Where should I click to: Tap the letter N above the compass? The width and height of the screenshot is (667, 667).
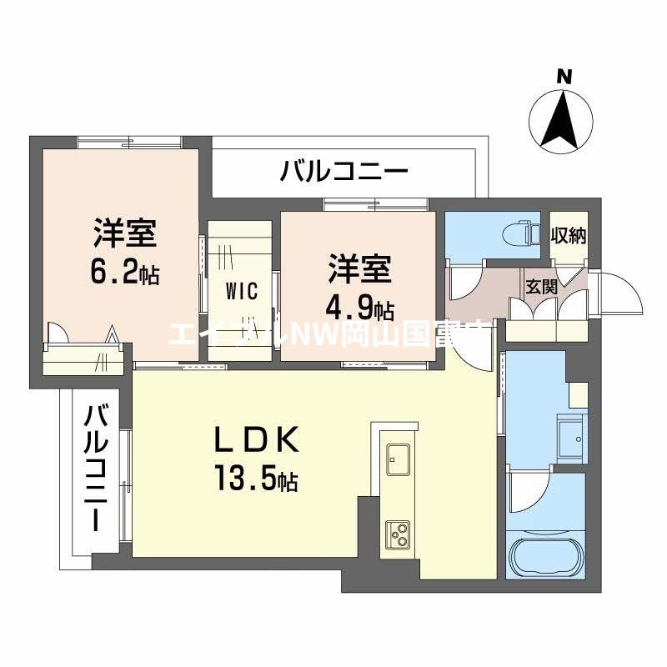(565, 77)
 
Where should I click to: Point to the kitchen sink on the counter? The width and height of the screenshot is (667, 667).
(397, 459)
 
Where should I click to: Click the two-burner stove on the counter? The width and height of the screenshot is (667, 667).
(397, 533)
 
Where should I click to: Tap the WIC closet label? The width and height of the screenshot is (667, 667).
(239, 291)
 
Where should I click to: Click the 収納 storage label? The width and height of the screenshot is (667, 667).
(569, 236)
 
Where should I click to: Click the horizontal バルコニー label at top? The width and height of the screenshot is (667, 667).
(344, 173)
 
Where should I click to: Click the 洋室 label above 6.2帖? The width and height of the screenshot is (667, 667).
(125, 234)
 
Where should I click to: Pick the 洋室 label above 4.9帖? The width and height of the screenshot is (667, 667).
(359, 272)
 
